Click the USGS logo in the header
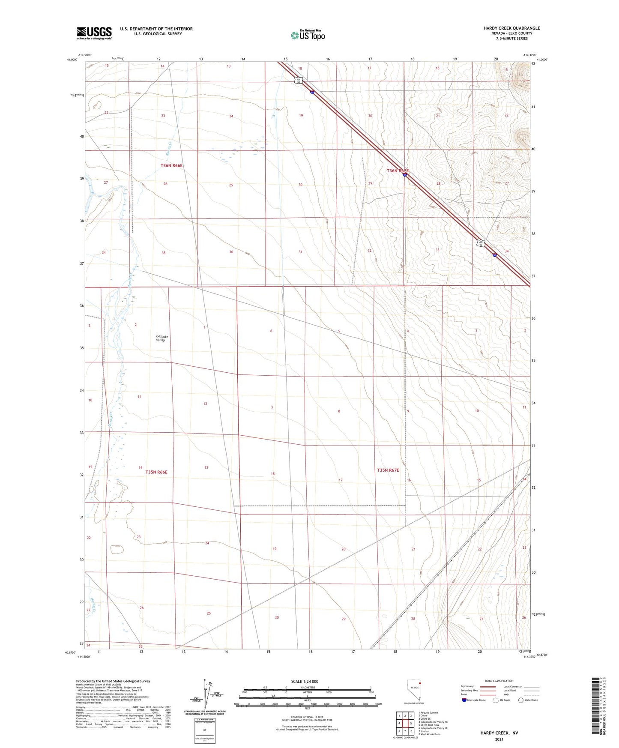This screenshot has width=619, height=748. click(94, 33)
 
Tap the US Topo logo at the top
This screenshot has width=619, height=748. click(307, 35)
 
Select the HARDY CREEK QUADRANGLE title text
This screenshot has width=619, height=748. click(511, 28)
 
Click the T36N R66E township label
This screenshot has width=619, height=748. click(172, 165)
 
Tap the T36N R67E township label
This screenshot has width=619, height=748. click(398, 171)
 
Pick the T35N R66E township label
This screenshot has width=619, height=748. click(156, 472)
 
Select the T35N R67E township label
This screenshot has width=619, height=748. click(388, 470)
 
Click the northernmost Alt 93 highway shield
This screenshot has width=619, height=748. click(299, 80)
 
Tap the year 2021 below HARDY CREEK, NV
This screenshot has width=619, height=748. click(499, 739)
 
